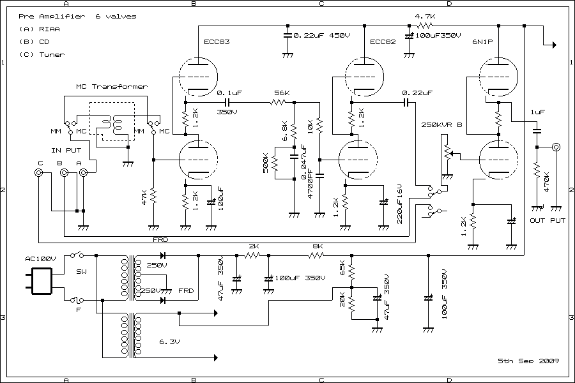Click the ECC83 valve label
217,42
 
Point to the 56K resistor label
281,93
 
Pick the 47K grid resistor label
145,197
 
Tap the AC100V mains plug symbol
39,280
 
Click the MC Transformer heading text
111,86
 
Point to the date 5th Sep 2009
528,361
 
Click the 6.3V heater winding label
169,342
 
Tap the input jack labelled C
39,173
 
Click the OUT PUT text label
548,221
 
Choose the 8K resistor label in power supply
318,246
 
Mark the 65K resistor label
343,268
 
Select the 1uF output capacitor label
537,112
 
